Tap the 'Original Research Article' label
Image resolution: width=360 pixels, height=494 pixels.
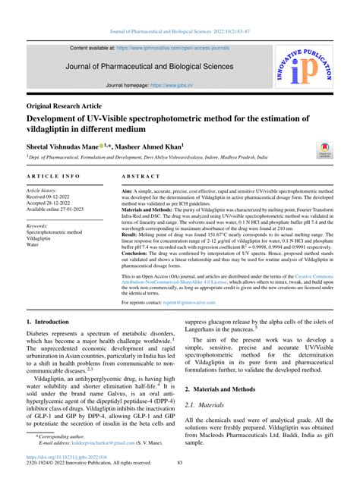[x=70, y=105]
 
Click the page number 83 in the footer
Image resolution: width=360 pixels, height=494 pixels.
[x=180, y=464]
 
